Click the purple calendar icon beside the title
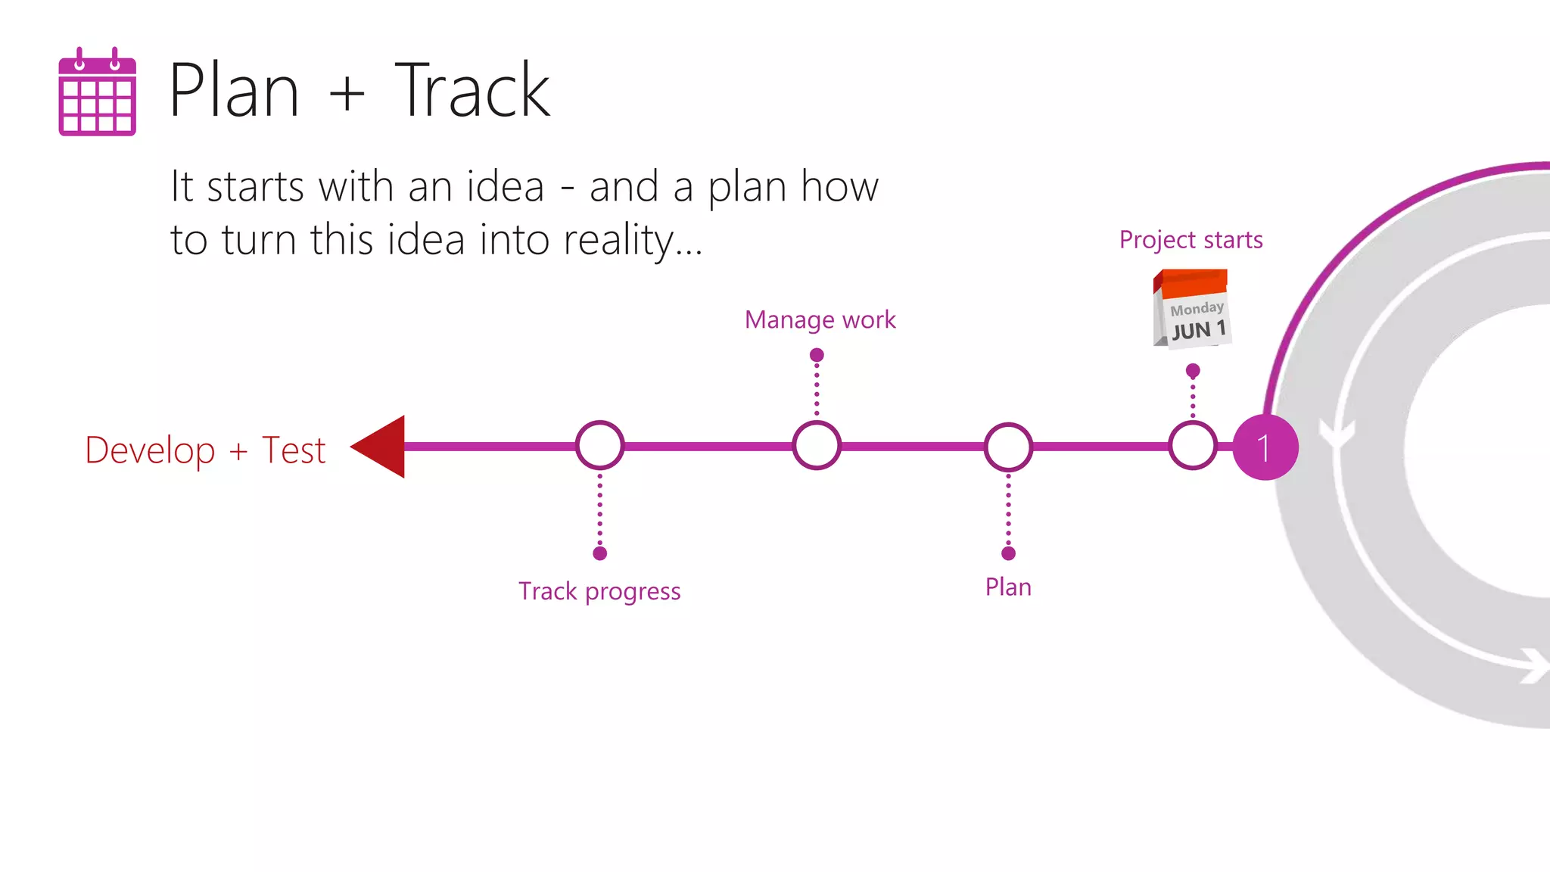(97, 92)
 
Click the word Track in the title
(472, 91)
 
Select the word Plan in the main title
(234, 91)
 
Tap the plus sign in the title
(347, 94)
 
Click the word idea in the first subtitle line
(505, 187)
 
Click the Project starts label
(1191, 240)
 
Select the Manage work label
(820, 319)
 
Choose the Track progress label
(599, 591)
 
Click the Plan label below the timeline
(1008, 587)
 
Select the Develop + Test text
(205, 450)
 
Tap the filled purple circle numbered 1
(1265, 447)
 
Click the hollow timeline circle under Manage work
(817, 446)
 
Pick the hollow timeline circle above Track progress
(600, 446)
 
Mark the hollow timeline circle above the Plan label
(1008, 447)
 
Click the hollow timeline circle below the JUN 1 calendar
(1193, 446)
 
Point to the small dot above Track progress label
(600, 553)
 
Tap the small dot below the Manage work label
(817, 355)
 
